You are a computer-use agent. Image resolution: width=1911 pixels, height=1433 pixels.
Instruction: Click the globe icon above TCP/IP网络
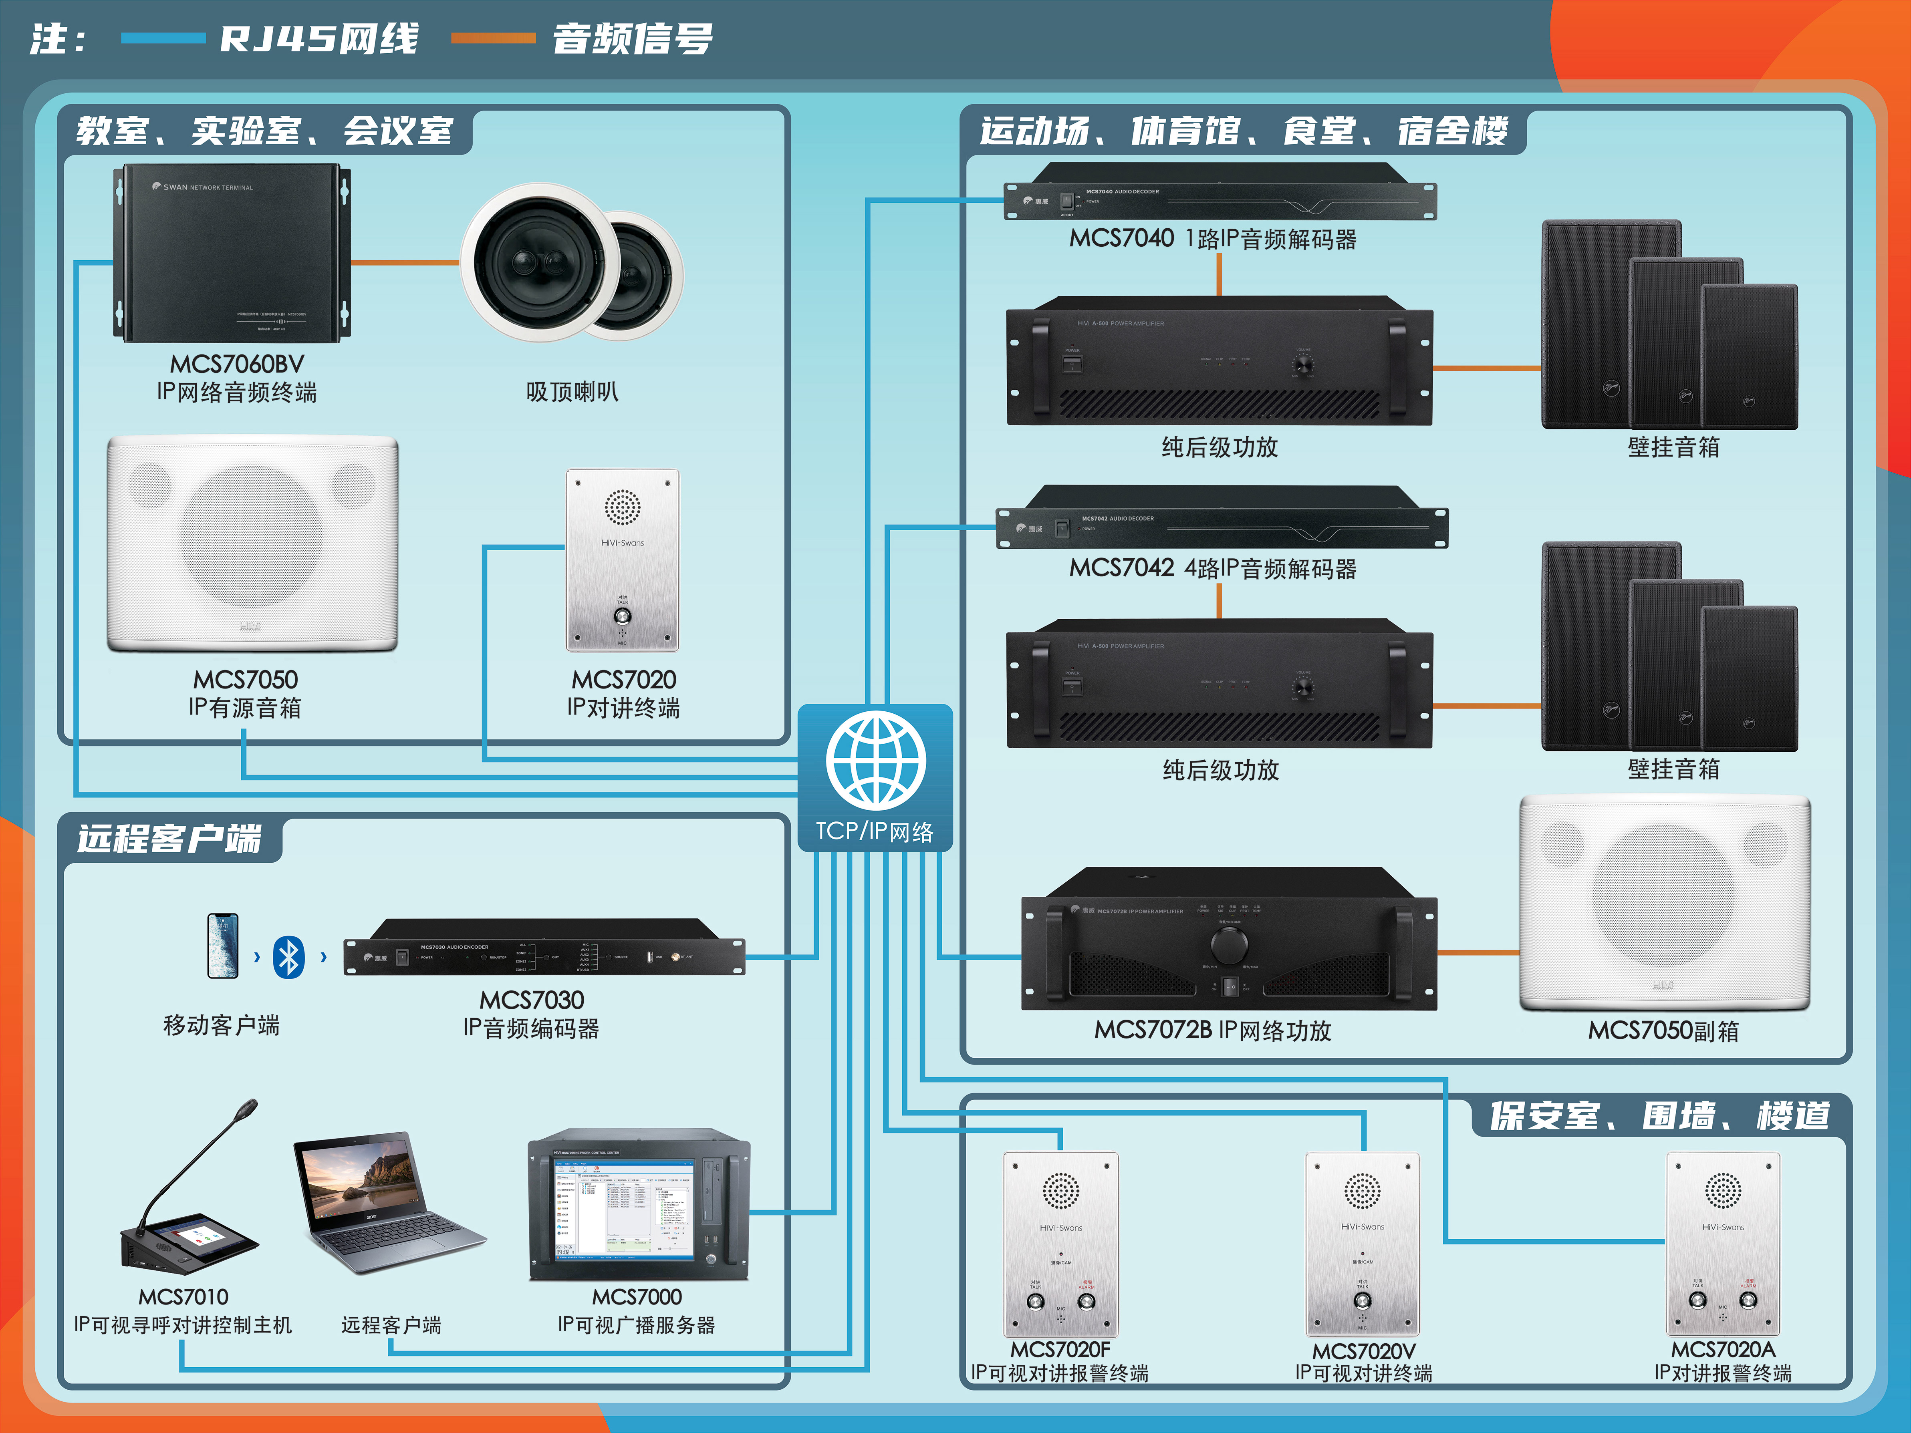[x=875, y=760]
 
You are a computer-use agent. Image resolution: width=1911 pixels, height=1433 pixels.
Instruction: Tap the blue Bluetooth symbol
[x=288, y=957]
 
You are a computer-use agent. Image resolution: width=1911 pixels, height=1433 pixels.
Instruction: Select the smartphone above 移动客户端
[x=223, y=946]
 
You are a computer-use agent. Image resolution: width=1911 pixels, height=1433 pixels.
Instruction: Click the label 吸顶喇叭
[x=572, y=392]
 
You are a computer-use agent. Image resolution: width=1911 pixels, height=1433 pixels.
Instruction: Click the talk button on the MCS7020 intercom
[x=622, y=616]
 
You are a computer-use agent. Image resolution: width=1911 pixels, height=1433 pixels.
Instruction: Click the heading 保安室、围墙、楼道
[x=1659, y=1116]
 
